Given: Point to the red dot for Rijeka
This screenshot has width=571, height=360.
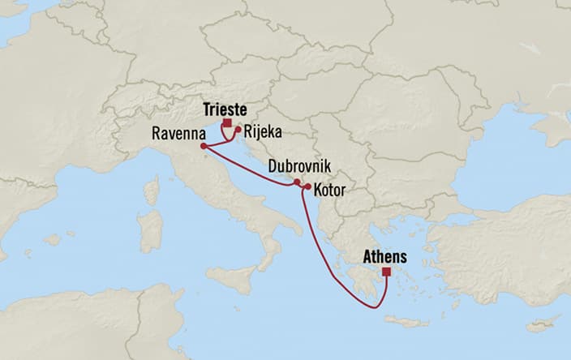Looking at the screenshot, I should click(238, 128).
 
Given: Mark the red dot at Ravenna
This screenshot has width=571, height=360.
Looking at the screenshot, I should click(203, 146).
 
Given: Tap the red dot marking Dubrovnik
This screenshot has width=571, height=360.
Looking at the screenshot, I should click(297, 182).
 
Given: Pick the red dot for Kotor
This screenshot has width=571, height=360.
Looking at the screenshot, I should click(308, 187).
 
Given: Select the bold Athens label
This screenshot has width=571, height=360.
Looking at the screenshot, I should click(386, 256).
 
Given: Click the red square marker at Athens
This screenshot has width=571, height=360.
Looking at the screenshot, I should click(386, 272).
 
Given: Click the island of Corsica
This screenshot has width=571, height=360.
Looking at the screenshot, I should click(150, 191).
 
